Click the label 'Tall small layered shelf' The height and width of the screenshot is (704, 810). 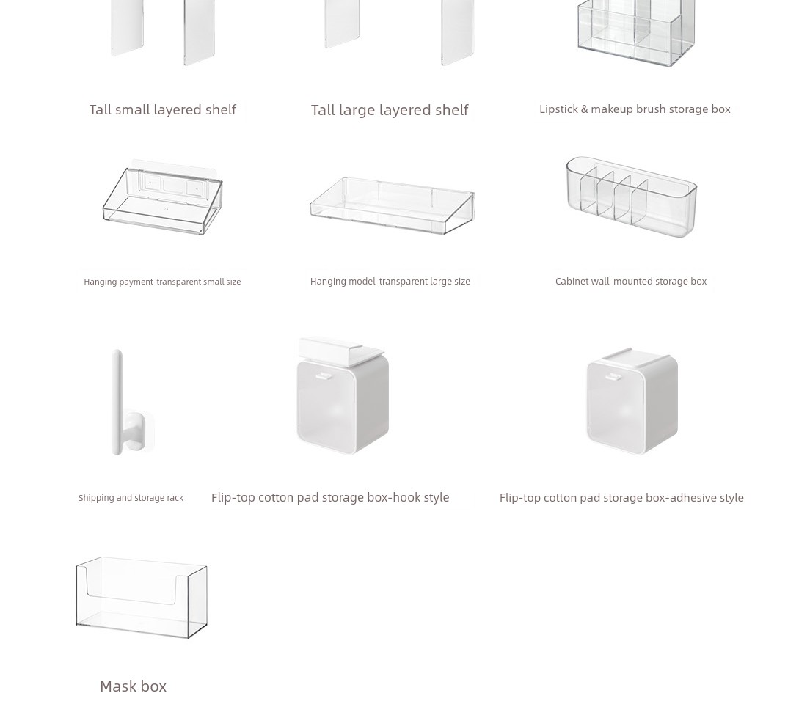(x=163, y=109)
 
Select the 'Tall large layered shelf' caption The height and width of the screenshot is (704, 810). (x=390, y=110)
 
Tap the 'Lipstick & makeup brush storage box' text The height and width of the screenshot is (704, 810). (x=635, y=109)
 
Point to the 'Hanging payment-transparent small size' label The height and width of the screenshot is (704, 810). (x=162, y=282)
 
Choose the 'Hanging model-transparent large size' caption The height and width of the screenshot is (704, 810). (x=390, y=282)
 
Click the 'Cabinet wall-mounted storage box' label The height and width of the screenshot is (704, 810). (x=631, y=281)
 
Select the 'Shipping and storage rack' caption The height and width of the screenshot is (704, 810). (x=131, y=498)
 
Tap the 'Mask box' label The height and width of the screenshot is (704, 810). (x=134, y=686)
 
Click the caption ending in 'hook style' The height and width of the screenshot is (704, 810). (x=330, y=497)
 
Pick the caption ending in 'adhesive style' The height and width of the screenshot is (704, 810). (x=621, y=498)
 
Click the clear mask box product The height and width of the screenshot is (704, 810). (x=142, y=598)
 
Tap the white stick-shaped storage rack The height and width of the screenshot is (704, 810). (x=117, y=403)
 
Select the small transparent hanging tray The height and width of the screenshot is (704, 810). (x=162, y=197)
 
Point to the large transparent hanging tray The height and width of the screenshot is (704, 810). (x=392, y=205)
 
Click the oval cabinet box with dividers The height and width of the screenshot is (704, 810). (x=632, y=197)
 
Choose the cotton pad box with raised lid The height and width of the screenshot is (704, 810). (x=343, y=396)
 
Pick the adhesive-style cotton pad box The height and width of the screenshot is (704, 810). (x=632, y=401)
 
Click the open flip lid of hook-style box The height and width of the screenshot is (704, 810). (x=341, y=349)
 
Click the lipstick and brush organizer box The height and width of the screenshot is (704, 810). (x=636, y=33)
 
